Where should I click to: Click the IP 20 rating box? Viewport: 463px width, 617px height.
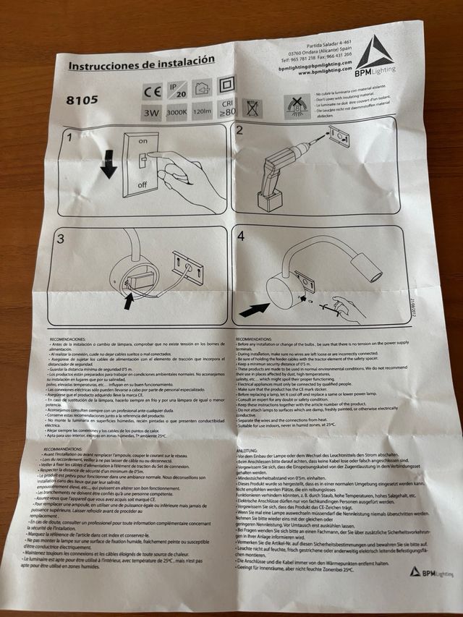coord(177,90)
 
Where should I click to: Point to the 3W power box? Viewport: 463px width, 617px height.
coord(152,114)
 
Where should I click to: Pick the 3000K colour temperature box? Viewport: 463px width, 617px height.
coord(176,113)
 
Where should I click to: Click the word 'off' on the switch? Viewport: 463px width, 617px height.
coord(143,184)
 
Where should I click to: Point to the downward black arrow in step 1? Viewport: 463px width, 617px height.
coord(109,163)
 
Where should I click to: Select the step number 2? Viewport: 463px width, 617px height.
coord(240,131)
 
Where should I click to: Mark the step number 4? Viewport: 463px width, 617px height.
coord(240,236)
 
